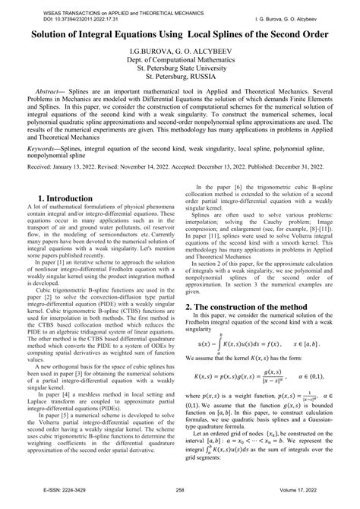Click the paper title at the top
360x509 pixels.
[x=179, y=36]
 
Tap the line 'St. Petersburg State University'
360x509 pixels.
[x=179, y=76]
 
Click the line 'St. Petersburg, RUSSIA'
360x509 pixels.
[x=179, y=86]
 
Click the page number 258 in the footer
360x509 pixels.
[x=180, y=501]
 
